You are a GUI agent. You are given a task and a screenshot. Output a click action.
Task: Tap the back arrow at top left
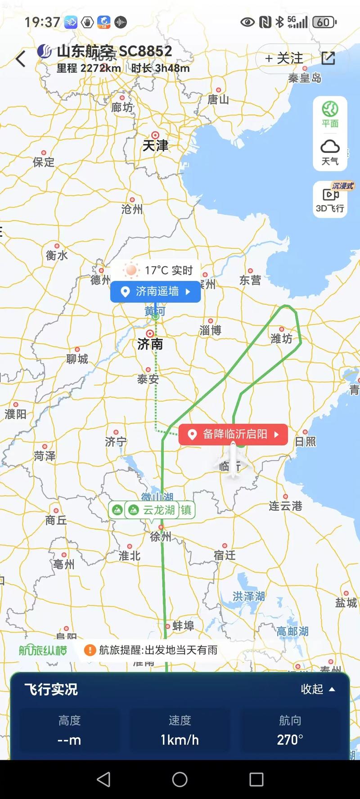coord(21,59)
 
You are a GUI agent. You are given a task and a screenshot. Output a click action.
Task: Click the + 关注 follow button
coord(284,58)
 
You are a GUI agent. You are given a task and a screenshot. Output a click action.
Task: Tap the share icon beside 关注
coord(328,58)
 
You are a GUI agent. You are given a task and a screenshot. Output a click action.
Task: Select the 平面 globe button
coord(330,114)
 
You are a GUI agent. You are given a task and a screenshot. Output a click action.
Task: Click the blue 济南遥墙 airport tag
coord(156,292)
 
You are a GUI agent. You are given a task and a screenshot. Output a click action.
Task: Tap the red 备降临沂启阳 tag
coord(233,434)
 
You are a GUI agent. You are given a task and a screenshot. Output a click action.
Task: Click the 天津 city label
coord(155,145)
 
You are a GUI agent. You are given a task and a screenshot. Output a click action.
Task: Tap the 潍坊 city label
coord(281,338)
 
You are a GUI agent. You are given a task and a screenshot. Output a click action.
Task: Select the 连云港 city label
coord(285,506)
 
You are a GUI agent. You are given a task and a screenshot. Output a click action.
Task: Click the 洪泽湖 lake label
coord(248,596)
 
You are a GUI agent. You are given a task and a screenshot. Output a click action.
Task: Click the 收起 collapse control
coord(318,689)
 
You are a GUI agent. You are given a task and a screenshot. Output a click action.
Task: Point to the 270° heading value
coord(290,740)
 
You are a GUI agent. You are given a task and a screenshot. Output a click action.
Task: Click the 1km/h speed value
coord(180,740)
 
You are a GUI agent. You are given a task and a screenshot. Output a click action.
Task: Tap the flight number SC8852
coord(145,51)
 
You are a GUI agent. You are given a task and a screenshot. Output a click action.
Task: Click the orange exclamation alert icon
coord(90,650)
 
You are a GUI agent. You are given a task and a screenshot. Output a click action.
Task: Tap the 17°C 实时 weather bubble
coord(161,270)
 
